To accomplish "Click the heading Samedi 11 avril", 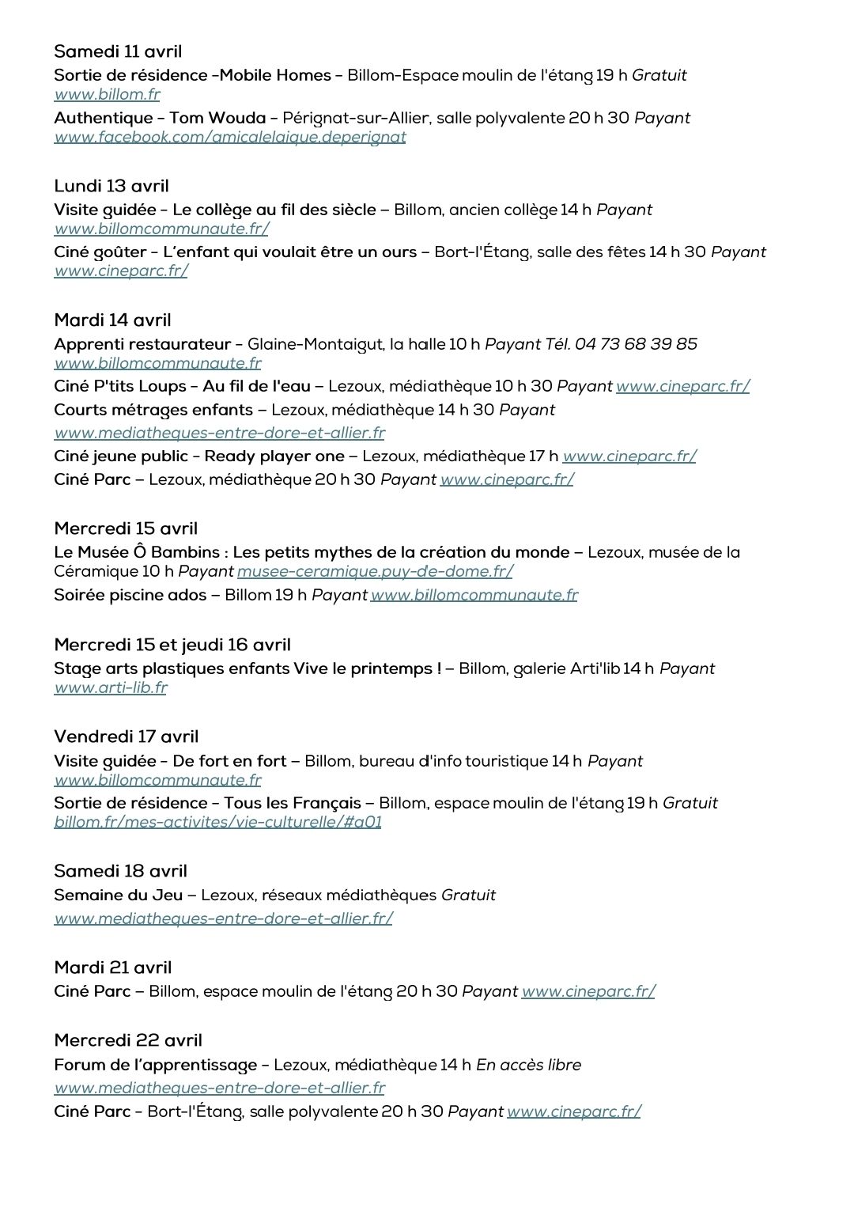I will coord(118,51).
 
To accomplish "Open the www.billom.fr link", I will coord(107,94).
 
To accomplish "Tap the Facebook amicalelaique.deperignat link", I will coord(229,137).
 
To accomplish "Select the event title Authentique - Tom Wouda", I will coord(160,118).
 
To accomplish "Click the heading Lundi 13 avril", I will coord(111,186).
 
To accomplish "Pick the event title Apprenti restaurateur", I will coord(142,344).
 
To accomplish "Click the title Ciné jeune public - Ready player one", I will coord(199,456).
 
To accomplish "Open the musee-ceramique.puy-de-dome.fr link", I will coord(375,571).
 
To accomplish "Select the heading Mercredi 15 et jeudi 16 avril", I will coord(172,645).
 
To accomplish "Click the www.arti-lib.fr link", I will coord(111,687).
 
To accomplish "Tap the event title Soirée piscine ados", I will coord(130,595).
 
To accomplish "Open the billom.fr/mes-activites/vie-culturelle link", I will coord(217,822).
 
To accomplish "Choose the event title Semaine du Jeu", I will coord(119,895).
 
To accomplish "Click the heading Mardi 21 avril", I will coord(113,968).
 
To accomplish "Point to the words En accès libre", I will coord(528,1065).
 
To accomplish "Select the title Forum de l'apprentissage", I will coord(156,1065).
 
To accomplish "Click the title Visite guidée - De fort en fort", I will coord(170,761).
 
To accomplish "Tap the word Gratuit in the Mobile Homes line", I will coord(659,75).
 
